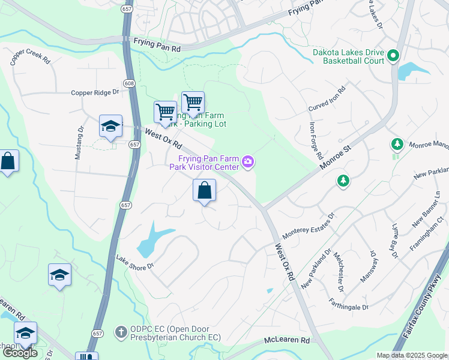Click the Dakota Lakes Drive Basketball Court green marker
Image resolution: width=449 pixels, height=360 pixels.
[393, 56]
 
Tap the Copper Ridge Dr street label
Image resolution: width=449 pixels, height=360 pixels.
[95, 93]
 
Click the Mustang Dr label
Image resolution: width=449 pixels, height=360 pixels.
[79, 143]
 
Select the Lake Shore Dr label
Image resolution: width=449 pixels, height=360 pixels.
[136, 262]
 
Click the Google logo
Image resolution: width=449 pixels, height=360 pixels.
[20, 353]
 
